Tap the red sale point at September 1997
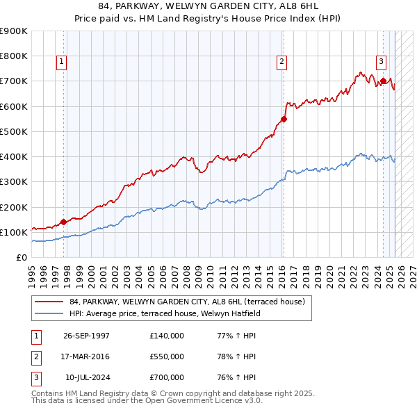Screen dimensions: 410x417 (x=63, y=222)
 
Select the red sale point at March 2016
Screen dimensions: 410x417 (x=284, y=119)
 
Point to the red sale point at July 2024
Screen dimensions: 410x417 (x=383, y=81)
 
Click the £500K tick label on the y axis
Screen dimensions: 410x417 (x=14, y=131)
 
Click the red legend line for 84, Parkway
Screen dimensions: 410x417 (x=49, y=302)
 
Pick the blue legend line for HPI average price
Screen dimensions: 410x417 (x=49, y=313)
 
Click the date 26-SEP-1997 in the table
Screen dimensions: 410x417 (x=86, y=336)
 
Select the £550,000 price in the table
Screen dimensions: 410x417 (x=167, y=356)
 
